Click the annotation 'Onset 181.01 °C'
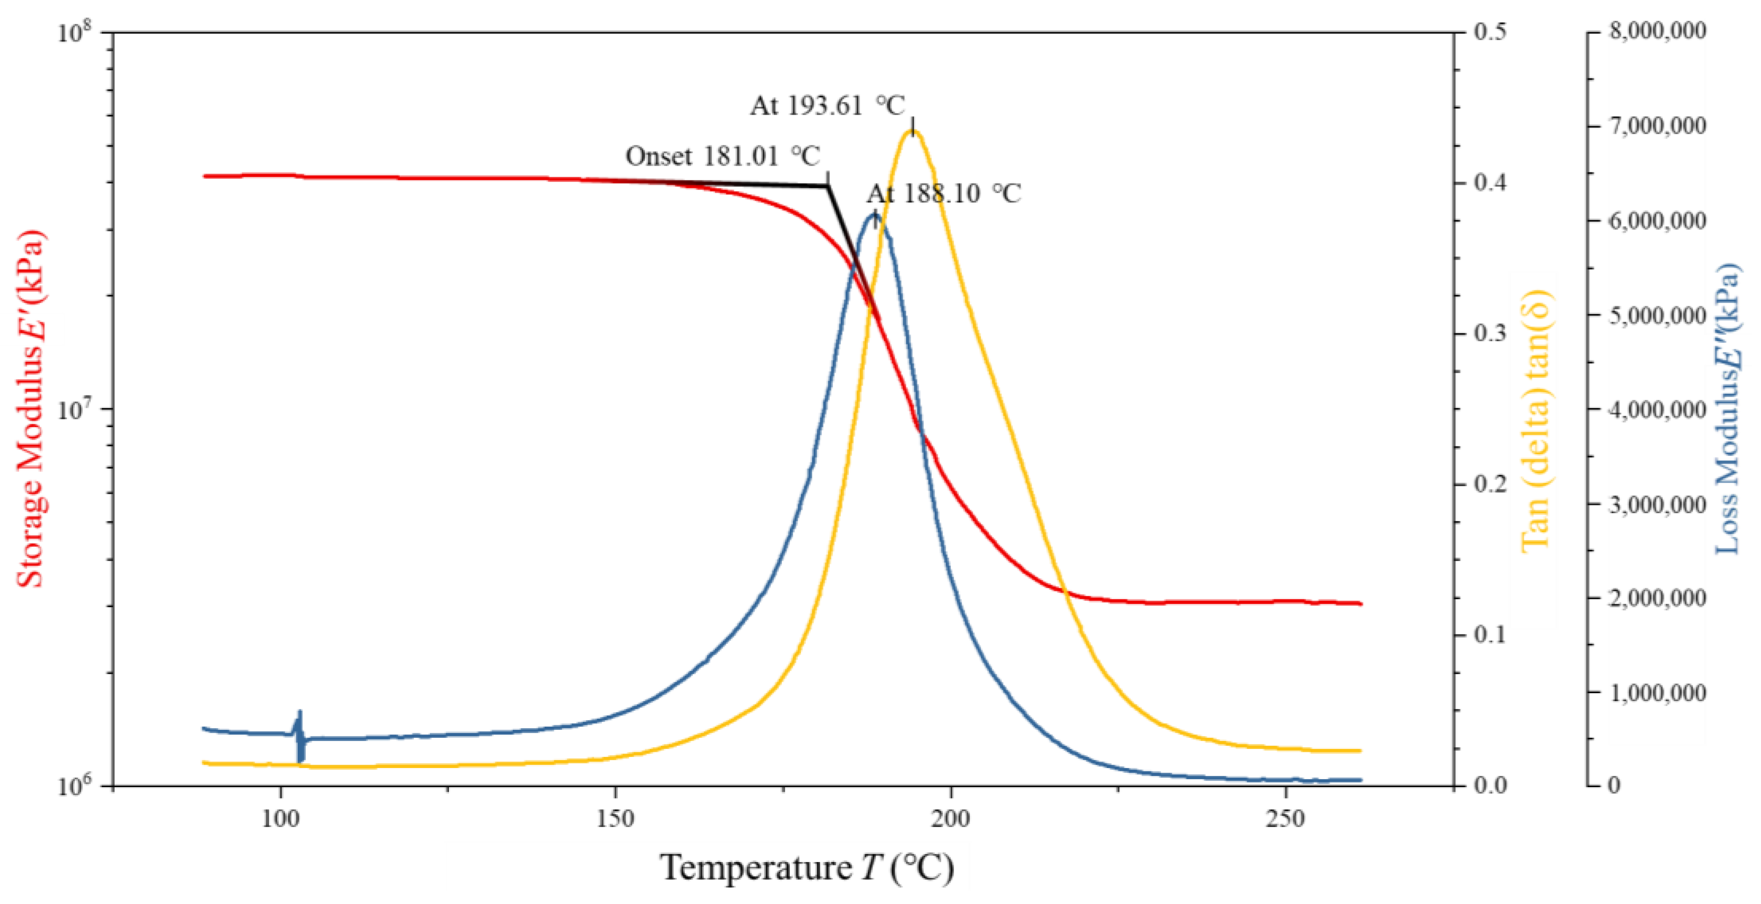click(722, 157)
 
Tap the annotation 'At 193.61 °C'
click(827, 106)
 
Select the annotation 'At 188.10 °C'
click(944, 194)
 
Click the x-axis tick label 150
click(615, 818)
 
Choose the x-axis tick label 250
click(1285, 818)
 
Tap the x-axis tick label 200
click(950, 818)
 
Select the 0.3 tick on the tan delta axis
click(1490, 333)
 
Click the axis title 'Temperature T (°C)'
click(807, 868)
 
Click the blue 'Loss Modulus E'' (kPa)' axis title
click(1725, 409)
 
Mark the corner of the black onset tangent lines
click(828, 185)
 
